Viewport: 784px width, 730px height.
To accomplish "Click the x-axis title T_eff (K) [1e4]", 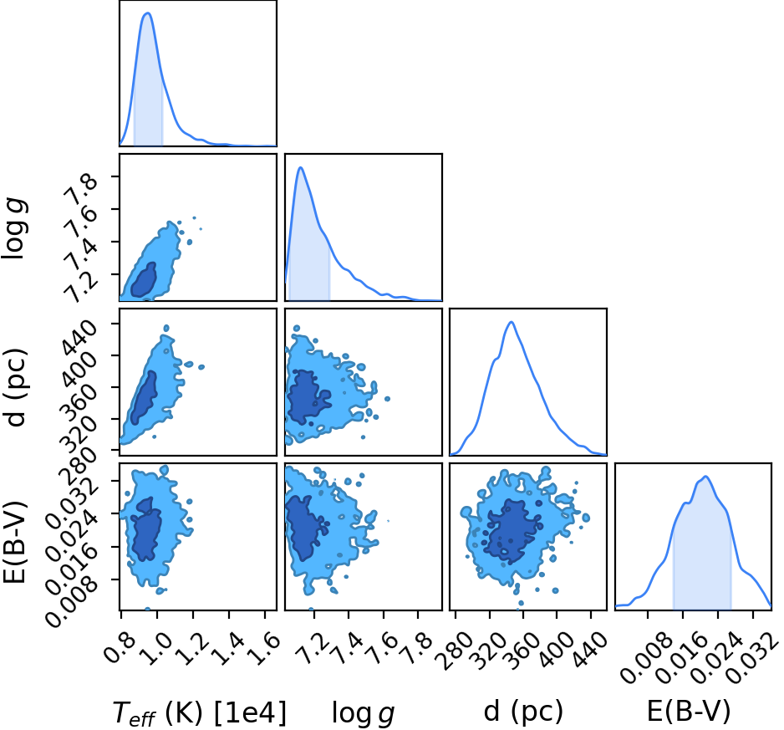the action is click(x=200, y=712).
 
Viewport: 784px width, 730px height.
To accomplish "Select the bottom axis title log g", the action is click(x=364, y=713).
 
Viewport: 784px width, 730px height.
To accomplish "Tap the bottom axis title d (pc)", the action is click(x=523, y=712).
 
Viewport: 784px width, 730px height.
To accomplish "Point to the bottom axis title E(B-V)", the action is click(x=689, y=711).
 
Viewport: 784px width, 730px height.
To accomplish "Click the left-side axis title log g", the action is click(x=14, y=228).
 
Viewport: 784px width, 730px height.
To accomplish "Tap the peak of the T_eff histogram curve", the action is click(x=147, y=13).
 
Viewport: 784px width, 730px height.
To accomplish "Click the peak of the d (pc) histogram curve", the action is click(x=511, y=322).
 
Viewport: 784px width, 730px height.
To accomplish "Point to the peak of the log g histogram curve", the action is click(x=301, y=167).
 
